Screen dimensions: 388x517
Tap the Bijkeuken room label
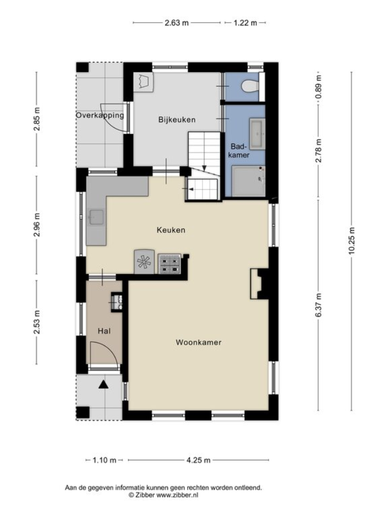click(x=177, y=120)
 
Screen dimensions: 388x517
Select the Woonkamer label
click(x=199, y=342)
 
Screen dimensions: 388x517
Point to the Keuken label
click(x=171, y=230)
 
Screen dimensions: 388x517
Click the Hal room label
click(x=104, y=331)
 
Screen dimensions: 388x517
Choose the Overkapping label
click(x=100, y=115)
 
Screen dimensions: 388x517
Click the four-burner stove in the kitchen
click(x=169, y=264)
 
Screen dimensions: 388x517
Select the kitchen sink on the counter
click(x=96, y=217)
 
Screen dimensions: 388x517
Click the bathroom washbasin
click(x=257, y=134)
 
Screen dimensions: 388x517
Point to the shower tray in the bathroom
click(x=249, y=181)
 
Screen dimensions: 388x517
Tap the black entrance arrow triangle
click(x=104, y=385)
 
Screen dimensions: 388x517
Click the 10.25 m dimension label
click(x=351, y=241)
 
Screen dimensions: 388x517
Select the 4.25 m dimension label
click(x=199, y=460)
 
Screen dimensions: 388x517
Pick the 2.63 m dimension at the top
click(x=177, y=23)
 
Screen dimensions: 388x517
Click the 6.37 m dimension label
click(x=318, y=305)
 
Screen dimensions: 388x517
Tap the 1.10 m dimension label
click(x=104, y=460)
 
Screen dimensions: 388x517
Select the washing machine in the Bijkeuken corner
click(x=143, y=82)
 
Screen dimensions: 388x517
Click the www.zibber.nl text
click(x=177, y=495)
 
